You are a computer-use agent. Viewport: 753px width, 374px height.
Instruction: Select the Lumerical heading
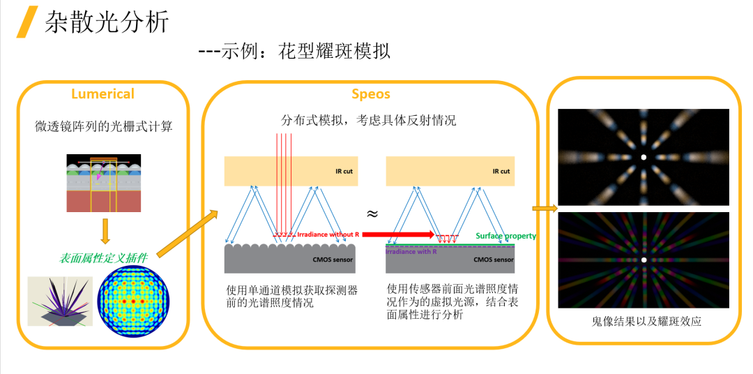point(102,93)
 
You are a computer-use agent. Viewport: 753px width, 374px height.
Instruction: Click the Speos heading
point(370,93)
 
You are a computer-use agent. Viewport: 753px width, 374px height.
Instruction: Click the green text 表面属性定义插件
point(103,258)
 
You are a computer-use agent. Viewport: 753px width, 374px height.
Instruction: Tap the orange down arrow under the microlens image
point(105,231)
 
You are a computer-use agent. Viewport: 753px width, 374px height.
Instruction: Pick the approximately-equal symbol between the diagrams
point(372,212)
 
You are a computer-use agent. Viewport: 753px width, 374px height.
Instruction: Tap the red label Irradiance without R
point(328,235)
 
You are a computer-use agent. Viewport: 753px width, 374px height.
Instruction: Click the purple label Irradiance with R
point(411,251)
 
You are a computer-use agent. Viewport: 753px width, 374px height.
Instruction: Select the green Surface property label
point(505,236)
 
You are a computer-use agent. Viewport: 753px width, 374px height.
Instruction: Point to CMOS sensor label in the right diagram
point(493,260)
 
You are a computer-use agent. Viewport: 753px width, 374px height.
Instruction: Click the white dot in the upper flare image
point(644,157)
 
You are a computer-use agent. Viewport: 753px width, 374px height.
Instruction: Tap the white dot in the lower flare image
point(644,260)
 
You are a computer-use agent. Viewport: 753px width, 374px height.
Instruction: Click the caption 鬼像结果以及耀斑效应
point(644,322)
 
